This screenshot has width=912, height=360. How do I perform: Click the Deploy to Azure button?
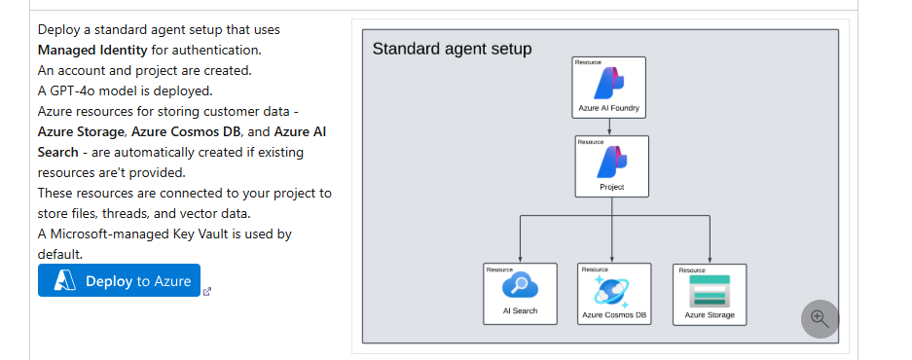[119, 280]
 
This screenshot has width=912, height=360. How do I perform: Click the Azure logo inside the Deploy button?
[65, 280]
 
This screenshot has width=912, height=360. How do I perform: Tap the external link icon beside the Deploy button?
[206, 290]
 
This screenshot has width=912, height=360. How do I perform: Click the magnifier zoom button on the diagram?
[819, 318]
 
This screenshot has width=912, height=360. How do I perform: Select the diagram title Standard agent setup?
[452, 49]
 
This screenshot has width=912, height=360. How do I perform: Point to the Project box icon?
[611, 162]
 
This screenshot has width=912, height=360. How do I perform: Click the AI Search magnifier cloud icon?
[519, 287]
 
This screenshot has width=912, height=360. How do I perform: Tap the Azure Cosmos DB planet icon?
[613, 289]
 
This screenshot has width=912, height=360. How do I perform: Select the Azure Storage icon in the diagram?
[709, 290]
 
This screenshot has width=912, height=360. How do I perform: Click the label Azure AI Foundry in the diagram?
[608, 109]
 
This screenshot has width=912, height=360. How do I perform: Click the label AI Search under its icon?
[520, 311]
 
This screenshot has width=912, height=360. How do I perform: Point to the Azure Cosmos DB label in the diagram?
[614, 315]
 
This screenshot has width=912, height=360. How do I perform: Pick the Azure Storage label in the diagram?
[710, 315]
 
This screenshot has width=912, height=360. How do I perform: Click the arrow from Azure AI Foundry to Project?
[610, 126]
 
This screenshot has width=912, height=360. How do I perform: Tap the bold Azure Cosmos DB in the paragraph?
[180, 131]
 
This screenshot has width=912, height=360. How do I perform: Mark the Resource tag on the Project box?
[590, 142]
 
